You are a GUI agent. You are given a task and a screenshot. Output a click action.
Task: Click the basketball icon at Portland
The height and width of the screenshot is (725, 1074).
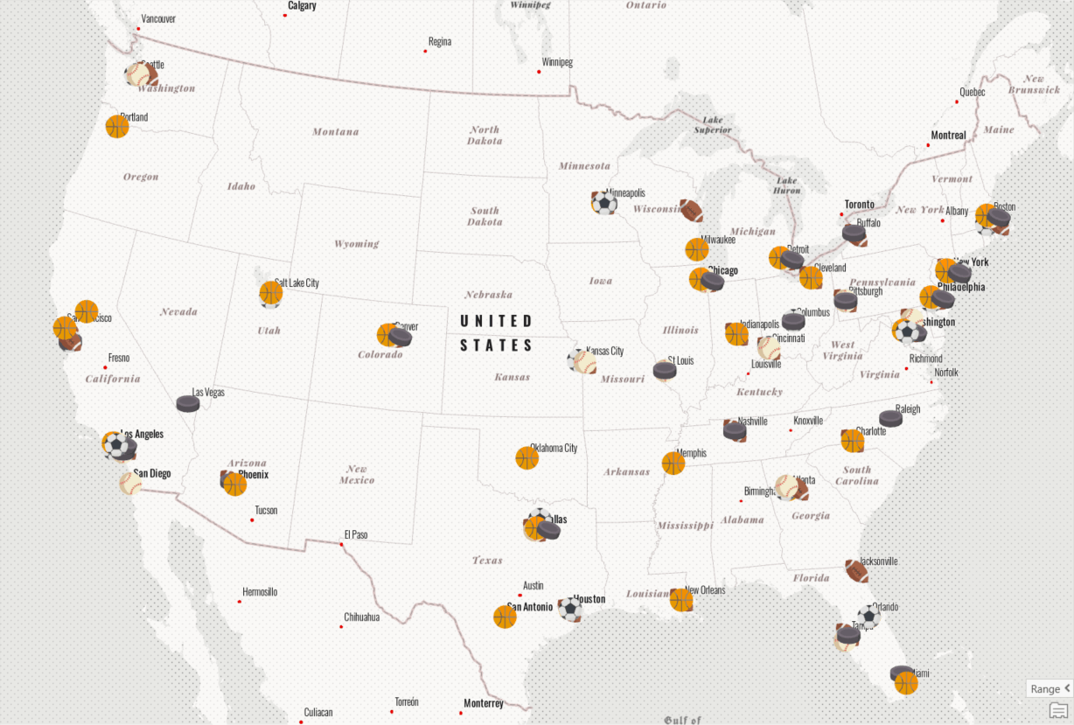tap(117, 127)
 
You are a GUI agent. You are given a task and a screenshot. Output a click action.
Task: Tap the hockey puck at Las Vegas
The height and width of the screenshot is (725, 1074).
tap(188, 403)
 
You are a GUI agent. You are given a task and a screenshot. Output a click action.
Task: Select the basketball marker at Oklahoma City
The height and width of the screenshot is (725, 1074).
tap(527, 458)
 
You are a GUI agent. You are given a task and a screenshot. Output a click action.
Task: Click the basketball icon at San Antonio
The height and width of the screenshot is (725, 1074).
tap(505, 617)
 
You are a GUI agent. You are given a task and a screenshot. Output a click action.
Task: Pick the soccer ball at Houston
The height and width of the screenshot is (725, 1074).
tap(570, 609)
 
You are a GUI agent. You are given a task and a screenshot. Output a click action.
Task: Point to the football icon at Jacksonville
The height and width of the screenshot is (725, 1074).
tap(857, 571)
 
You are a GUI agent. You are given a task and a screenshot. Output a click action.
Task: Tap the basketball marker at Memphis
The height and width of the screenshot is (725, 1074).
tap(673, 464)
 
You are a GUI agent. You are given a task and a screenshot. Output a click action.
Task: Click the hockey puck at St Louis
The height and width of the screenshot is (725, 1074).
tap(665, 371)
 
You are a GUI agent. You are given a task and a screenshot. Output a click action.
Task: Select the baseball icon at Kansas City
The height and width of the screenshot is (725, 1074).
tap(582, 361)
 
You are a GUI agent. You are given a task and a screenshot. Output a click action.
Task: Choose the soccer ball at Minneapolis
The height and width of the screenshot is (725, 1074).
tap(603, 203)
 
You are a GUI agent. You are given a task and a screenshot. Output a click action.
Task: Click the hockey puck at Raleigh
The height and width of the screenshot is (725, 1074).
tap(890, 418)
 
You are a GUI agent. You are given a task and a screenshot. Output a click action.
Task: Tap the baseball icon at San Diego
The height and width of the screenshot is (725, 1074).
tap(130, 483)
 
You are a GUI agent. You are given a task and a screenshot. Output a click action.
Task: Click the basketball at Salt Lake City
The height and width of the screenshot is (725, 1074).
tap(271, 294)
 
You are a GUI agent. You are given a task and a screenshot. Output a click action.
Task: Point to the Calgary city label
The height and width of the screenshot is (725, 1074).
tap(302, 6)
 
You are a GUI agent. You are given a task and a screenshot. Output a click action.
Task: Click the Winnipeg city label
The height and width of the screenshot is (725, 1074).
tap(557, 63)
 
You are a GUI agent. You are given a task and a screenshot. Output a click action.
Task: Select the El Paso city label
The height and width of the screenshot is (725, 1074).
tap(356, 534)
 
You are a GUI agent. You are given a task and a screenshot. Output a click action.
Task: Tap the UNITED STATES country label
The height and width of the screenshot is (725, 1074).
tap(496, 333)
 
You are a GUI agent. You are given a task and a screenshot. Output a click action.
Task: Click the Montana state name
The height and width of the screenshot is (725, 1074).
tap(336, 132)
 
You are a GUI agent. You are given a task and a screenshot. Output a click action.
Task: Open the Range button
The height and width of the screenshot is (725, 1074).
tap(1049, 688)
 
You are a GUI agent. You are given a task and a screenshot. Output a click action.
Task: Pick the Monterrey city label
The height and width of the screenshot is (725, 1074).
tap(484, 703)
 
